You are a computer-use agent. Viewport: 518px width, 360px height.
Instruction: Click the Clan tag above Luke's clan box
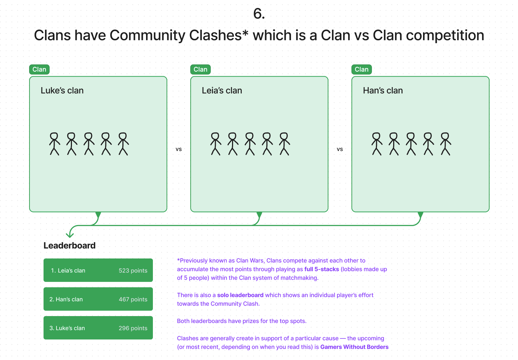click(39, 69)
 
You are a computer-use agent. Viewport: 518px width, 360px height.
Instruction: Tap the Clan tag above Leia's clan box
click(200, 69)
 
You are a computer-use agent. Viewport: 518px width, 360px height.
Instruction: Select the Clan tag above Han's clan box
click(362, 69)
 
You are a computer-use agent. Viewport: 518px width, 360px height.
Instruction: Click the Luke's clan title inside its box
click(62, 90)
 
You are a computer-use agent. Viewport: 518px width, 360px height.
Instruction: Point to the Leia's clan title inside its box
click(222, 90)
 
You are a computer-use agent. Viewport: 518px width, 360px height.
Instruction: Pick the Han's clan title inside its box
click(383, 90)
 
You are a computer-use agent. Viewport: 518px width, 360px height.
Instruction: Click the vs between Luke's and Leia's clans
click(178, 149)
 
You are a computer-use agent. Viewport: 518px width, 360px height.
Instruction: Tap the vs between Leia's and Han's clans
click(340, 149)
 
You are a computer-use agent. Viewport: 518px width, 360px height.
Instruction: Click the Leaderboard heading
click(69, 246)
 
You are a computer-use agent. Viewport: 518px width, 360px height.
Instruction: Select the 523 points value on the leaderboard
click(133, 270)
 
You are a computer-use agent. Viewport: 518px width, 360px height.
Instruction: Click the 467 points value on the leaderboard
click(133, 299)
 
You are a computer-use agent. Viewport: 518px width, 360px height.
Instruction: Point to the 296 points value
click(133, 328)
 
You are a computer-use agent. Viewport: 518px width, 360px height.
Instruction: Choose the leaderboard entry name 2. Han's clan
click(66, 299)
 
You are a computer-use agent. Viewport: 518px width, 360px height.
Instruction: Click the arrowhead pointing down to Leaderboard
click(70, 235)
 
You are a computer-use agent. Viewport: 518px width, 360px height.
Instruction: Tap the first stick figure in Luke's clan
click(55, 144)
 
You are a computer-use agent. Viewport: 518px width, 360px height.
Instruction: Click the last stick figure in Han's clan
click(446, 144)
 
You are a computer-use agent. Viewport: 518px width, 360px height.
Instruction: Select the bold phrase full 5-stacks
click(322, 269)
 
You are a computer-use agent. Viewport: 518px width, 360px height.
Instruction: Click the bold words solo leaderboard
click(240, 295)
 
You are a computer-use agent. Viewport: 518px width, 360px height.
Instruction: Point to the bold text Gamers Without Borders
click(354, 347)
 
